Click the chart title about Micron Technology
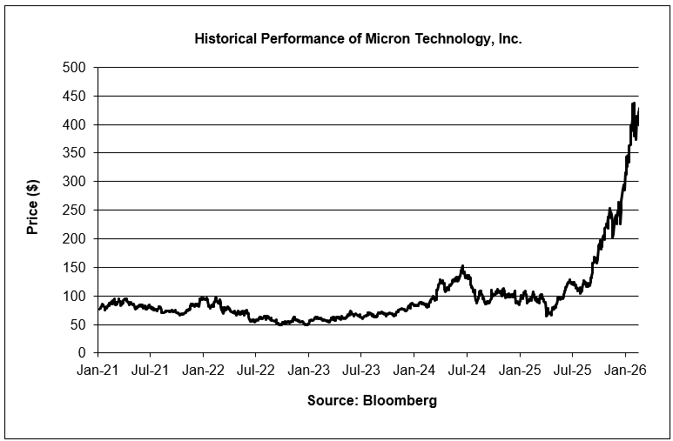(x=358, y=40)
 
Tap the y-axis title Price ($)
(x=32, y=210)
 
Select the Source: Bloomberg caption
(x=372, y=401)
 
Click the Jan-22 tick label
(x=203, y=370)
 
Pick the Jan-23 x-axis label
(x=308, y=370)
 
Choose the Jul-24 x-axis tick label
(x=467, y=370)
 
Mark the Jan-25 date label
(x=520, y=370)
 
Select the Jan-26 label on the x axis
(x=625, y=370)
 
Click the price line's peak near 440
(x=633, y=104)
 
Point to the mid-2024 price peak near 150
(x=462, y=266)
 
